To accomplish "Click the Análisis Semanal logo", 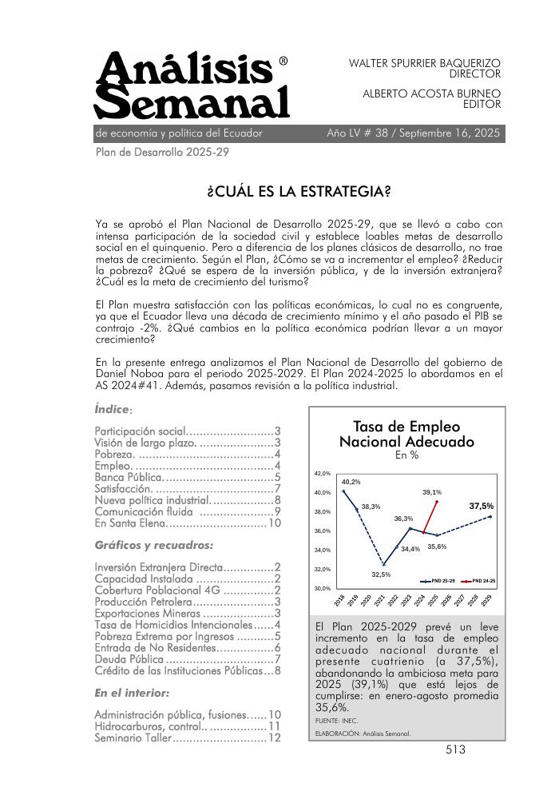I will (192, 85).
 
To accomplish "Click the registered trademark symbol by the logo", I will (283, 61).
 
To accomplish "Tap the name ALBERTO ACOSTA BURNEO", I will (431, 93).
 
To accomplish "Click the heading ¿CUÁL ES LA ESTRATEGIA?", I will (299, 192).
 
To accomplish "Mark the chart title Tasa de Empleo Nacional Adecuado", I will (406, 434).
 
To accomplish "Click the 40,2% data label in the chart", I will (351, 482).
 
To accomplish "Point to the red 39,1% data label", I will (432, 492).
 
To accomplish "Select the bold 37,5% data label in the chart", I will (481, 506).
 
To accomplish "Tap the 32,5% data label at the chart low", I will (381, 574).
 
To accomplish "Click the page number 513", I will (455, 749).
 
